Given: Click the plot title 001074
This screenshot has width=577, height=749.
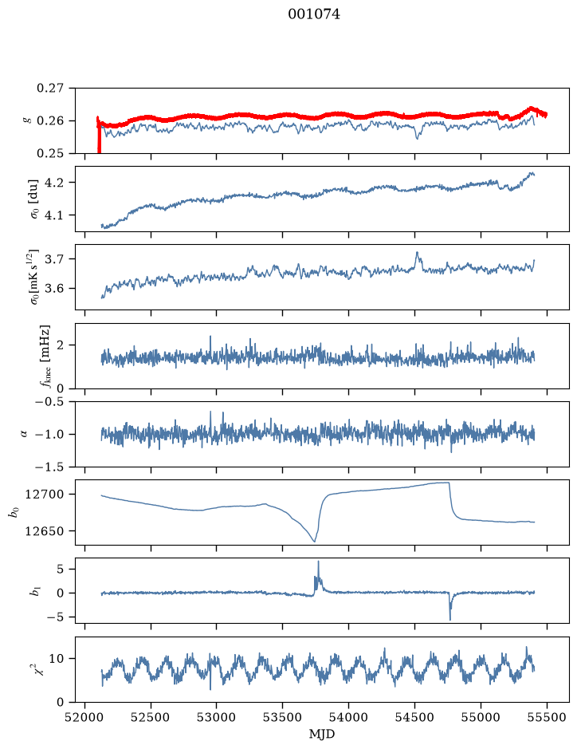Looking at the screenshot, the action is (313, 14).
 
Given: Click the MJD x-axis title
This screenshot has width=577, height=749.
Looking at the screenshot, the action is (322, 734).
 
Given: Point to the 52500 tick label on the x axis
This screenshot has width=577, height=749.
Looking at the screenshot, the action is (151, 717).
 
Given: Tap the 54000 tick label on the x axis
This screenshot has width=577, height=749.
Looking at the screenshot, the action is (348, 717).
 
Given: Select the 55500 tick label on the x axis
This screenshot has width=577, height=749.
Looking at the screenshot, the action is (547, 717).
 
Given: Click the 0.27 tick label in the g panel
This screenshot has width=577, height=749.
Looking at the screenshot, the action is (50, 89).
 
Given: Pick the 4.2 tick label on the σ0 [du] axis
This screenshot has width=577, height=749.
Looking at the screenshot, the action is (54, 183).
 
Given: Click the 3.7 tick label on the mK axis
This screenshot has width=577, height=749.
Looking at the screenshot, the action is (54, 259).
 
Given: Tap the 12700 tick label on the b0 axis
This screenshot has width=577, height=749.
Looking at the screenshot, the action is (44, 495).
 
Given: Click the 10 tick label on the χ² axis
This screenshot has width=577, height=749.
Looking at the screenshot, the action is (57, 659).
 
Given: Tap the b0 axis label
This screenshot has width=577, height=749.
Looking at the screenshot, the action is (14, 513).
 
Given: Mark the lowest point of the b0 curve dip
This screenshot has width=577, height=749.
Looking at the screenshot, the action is (314, 542).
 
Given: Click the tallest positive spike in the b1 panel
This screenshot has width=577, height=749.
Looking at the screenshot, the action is (318, 562).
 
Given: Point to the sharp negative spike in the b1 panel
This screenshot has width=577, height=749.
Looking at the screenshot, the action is (450, 619).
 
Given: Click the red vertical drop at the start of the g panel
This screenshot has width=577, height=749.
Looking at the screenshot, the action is (99, 136).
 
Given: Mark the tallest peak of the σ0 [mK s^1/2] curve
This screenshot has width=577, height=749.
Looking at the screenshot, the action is (417, 252).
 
